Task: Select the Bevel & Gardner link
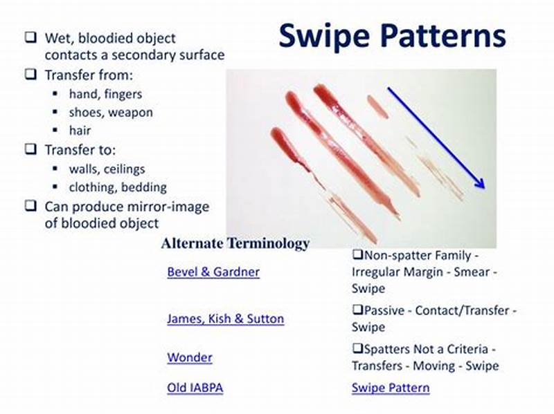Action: [213, 272]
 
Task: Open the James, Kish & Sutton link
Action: [225, 319]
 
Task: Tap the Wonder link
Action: [189, 357]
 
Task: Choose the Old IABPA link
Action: [195, 388]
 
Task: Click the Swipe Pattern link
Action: [390, 388]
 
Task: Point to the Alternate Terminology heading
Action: [235, 243]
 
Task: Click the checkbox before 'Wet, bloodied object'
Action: [30, 38]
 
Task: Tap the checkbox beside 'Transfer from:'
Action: [30, 74]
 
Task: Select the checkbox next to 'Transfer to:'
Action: [30, 149]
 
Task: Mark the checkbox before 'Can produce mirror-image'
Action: [30, 205]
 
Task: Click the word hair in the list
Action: [80, 130]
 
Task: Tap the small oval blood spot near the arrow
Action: [377, 106]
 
